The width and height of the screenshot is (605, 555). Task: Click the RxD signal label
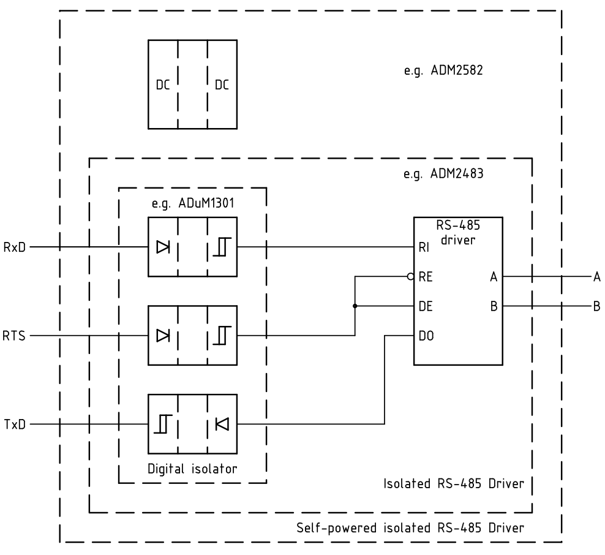coord(15,247)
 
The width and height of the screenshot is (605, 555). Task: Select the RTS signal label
coord(15,336)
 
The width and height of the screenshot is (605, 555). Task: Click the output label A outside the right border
coord(596,277)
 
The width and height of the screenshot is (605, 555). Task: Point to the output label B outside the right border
coord(596,306)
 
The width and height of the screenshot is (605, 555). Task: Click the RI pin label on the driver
coord(423,247)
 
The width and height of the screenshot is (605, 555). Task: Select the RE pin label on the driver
coord(425,277)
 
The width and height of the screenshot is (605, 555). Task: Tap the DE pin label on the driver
coord(425,306)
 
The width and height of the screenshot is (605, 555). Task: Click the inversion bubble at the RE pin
coord(411,277)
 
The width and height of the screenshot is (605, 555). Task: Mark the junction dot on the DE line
coord(355,306)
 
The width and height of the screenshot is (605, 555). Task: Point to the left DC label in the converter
coord(163,85)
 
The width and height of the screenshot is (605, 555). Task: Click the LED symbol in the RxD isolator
coord(163,247)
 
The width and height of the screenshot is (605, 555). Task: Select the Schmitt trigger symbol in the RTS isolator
coord(222,336)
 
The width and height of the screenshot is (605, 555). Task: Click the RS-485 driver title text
coord(458,233)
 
